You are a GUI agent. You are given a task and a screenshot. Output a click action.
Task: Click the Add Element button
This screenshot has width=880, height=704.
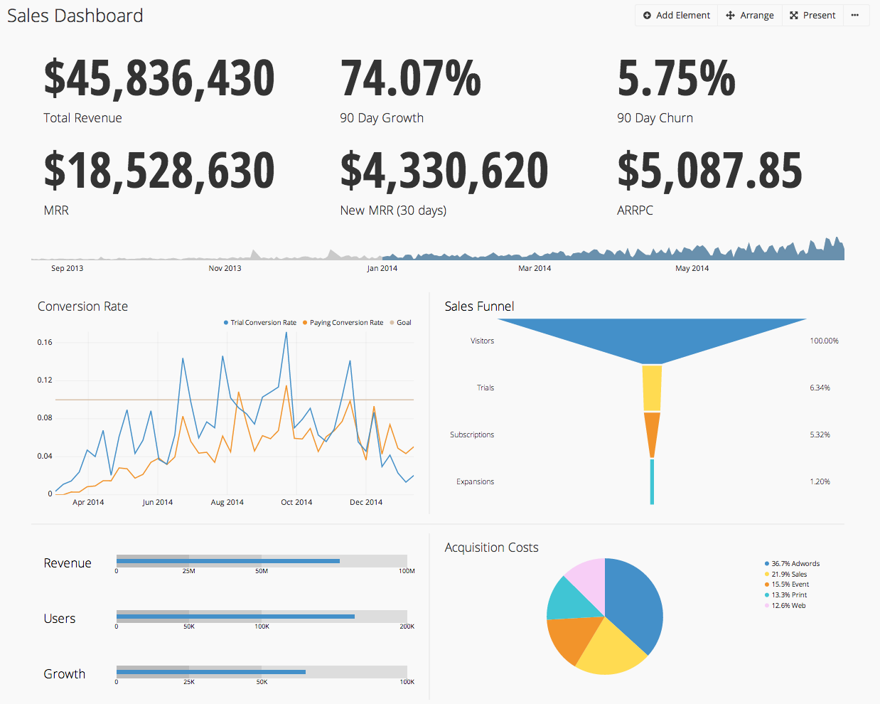676,16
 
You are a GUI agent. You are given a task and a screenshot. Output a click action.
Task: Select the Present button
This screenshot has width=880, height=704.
812,16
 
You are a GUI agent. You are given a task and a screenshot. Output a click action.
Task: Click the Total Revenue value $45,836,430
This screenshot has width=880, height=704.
159,78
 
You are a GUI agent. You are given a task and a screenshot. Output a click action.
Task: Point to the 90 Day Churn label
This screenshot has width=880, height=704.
655,118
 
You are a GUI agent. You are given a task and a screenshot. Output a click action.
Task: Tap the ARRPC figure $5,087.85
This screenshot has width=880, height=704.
709,171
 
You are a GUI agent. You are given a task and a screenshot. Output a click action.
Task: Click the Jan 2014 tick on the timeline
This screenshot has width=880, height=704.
382,269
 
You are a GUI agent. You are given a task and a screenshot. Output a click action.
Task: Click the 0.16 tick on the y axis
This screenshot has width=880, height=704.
45,343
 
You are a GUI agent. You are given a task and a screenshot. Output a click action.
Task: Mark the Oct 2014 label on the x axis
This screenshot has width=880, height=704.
296,503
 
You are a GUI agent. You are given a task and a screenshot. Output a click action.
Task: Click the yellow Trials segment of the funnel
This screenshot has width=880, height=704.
652,388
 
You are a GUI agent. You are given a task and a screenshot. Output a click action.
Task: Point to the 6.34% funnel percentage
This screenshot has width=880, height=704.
820,388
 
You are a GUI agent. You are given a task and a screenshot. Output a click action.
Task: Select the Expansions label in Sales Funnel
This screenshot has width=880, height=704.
475,482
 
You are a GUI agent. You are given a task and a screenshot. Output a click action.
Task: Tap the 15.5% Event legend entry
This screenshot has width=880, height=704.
790,585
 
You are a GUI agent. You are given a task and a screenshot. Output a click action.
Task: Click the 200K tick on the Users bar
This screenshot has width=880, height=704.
407,626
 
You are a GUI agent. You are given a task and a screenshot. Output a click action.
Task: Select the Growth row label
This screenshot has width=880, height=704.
65,674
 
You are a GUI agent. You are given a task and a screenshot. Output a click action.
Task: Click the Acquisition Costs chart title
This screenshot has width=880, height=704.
491,548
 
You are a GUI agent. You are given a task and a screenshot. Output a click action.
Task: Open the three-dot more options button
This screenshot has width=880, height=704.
855,16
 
